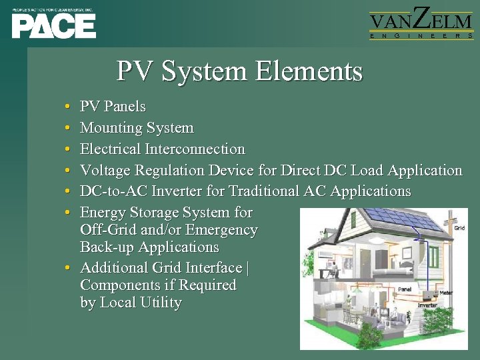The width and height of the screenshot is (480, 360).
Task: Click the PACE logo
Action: [53, 25]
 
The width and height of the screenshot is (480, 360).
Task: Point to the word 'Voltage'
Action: [105, 171]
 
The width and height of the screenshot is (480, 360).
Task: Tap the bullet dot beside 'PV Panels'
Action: [69, 107]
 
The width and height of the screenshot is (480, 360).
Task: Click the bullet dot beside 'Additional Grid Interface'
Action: [69, 269]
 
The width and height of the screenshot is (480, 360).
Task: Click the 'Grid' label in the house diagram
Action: [459, 228]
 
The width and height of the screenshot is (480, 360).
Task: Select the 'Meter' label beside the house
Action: [445, 292]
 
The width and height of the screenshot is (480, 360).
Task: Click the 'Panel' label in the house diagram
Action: [404, 289]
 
